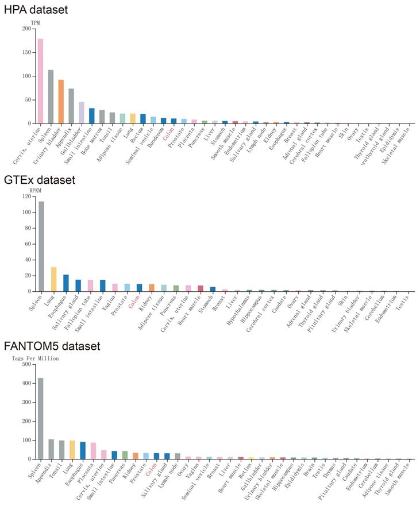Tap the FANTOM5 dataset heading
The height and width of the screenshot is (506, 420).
52,346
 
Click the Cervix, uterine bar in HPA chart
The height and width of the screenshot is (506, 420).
40,81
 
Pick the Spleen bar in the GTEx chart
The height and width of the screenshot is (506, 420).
41,246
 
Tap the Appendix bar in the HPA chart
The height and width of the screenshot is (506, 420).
71,106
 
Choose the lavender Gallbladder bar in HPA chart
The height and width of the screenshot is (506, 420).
82,113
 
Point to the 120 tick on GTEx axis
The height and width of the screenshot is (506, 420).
25,196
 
